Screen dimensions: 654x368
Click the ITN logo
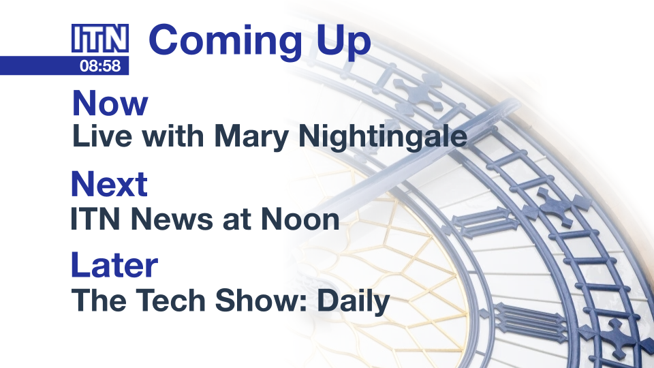pyautogui.click(x=100, y=38)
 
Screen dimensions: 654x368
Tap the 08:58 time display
pyautogui.click(x=100, y=65)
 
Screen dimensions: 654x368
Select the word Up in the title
pyautogui.click(x=343, y=42)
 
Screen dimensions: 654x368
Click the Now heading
pyautogui.click(x=110, y=103)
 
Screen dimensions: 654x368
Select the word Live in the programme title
pyautogui.click(x=103, y=136)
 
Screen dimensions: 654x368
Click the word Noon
pyautogui.click(x=300, y=219)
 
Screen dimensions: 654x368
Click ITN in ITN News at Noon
pyautogui.click(x=95, y=219)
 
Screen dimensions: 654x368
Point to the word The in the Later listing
pyautogui.click(x=98, y=301)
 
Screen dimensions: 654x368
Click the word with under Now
pyautogui.click(x=173, y=136)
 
